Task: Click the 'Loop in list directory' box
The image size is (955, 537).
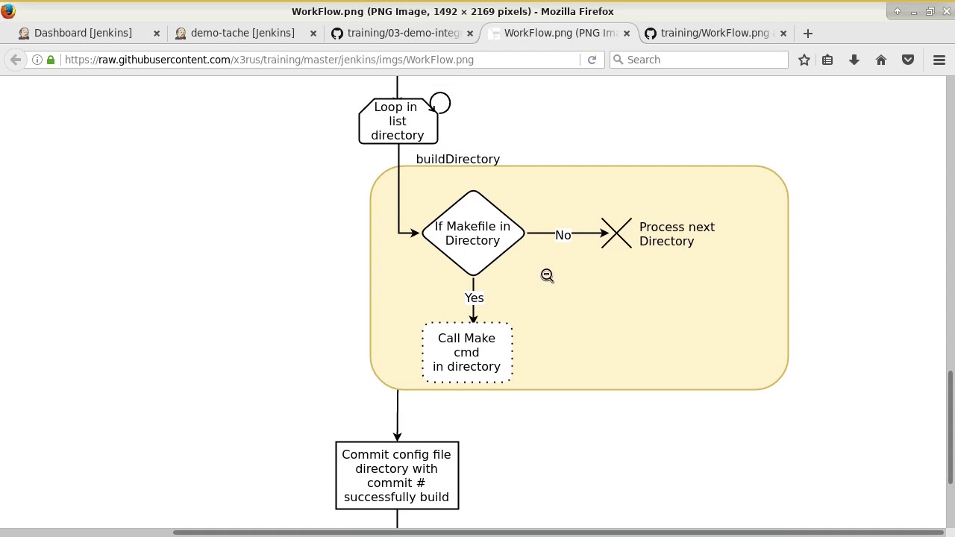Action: [397, 121]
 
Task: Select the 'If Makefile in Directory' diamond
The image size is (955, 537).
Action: [472, 233]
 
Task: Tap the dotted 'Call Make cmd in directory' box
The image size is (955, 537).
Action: [467, 353]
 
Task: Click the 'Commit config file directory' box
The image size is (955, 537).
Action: [397, 476]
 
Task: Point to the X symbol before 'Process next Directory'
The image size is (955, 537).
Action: [616, 233]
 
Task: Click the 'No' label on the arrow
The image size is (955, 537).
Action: [563, 235]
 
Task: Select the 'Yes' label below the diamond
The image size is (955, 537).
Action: [475, 298]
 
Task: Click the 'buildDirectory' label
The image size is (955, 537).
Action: [457, 159]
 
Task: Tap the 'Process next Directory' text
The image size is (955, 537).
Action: [677, 234]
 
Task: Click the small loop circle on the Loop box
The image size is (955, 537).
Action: [440, 103]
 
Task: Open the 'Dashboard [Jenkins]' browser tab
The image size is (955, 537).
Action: [83, 33]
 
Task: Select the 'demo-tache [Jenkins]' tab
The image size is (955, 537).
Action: [242, 33]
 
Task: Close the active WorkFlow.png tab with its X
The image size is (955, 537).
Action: [627, 33]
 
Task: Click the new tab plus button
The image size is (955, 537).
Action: [807, 33]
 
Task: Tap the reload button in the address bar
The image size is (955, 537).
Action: [592, 60]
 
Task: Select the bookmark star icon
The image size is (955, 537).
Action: [804, 60]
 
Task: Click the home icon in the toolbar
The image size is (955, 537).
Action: [881, 60]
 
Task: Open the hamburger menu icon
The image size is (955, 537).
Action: [939, 60]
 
